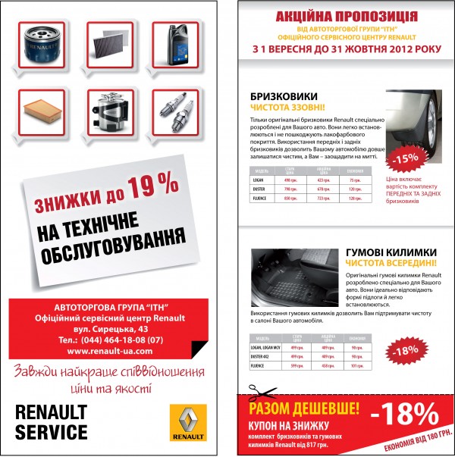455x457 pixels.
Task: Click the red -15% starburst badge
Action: pos(406,158)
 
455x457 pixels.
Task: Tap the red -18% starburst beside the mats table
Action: pos(406,350)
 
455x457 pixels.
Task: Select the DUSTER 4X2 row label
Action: pos(262,355)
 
